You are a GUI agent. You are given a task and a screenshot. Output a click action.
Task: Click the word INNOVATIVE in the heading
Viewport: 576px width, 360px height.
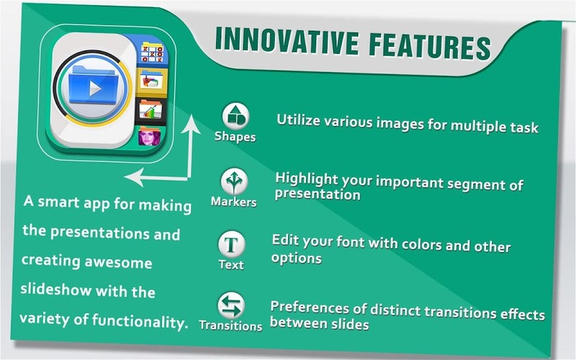pyautogui.click(x=287, y=40)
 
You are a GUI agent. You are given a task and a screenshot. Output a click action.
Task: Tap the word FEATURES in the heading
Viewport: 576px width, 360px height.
pyautogui.click(x=430, y=46)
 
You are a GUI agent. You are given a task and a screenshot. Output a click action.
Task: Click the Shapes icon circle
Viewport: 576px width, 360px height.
pyautogui.click(x=236, y=116)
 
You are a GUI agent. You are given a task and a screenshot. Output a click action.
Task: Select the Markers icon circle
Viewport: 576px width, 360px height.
pyautogui.click(x=235, y=181)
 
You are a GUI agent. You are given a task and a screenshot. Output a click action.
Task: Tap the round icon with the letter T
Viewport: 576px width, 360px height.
pyautogui.click(x=231, y=244)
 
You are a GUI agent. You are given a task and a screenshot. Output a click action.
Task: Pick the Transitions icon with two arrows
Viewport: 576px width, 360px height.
pyautogui.click(x=231, y=305)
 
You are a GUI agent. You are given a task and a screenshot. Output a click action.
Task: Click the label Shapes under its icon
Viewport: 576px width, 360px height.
pyautogui.click(x=235, y=137)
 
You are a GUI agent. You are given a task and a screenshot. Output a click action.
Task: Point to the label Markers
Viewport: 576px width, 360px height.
pyautogui.click(x=233, y=202)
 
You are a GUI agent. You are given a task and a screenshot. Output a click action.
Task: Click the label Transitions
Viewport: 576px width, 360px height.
pyautogui.click(x=230, y=325)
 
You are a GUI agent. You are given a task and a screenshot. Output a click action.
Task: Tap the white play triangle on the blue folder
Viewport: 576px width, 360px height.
pyautogui.click(x=95, y=88)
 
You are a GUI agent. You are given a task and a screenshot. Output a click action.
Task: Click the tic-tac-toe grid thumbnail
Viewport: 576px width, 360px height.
pyautogui.click(x=152, y=53)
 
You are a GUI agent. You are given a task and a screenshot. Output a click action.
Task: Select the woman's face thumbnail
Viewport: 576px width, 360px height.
pyautogui.click(x=150, y=136)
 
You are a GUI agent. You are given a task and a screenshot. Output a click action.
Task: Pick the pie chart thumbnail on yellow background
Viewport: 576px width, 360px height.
pyautogui.click(x=151, y=81)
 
